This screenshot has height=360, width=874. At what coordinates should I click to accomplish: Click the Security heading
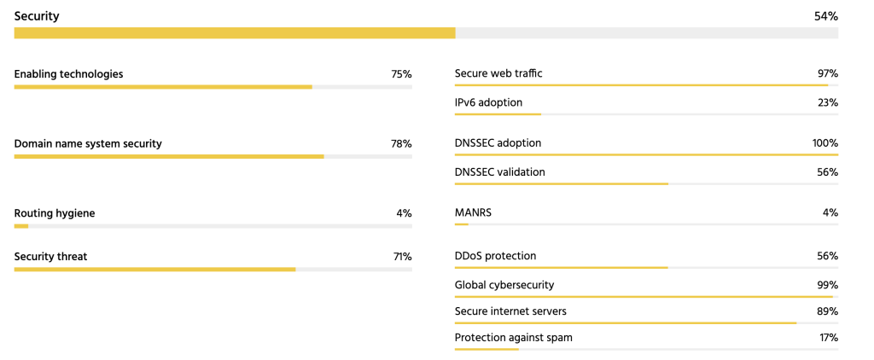click(x=37, y=16)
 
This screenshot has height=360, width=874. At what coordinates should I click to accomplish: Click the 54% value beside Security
click(x=826, y=16)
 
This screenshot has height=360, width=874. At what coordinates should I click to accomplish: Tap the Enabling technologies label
click(x=68, y=74)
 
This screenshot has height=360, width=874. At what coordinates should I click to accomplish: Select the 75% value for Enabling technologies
click(x=401, y=74)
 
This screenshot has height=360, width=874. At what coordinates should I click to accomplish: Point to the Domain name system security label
click(x=88, y=143)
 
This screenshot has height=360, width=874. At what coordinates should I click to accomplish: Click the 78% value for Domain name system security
click(x=401, y=143)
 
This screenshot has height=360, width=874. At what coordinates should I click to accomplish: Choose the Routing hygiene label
click(x=55, y=212)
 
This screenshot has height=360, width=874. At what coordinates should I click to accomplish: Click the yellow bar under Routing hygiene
click(x=21, y=226)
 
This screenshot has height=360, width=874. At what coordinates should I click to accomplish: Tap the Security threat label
click(x=50, y=256)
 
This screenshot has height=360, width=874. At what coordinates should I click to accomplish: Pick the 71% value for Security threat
click(x=401, y=256)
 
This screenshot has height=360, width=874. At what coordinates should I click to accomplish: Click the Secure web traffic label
click(x=498, y=73)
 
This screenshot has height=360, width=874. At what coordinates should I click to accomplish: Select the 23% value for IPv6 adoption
click(x=827, y=102)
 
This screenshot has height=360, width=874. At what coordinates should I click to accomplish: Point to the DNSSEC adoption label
click(x=498, y=142)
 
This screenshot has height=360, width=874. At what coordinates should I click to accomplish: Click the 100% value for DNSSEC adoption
click(x=824, y=142)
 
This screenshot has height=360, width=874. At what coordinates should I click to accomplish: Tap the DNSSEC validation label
click(x=499, y=171)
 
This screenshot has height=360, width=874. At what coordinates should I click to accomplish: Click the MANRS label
click(x=473, y=212)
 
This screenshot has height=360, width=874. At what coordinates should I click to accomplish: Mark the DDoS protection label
click(x=495, y=256)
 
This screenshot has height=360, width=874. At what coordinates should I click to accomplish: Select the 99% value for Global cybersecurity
click(x=827, y=285)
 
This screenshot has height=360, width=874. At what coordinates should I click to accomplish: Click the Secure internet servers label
click(x=510, y=311)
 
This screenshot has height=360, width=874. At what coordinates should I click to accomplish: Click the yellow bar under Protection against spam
click(x=487, y=349)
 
